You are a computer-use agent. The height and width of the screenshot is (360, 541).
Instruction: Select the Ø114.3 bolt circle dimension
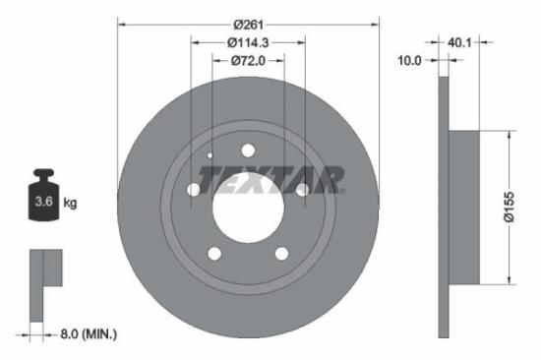click(x=248, y=43)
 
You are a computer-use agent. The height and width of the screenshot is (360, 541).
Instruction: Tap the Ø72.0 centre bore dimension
click(x=248, y=61)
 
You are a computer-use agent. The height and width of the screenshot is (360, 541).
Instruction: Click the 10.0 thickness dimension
click(x=410, y=60)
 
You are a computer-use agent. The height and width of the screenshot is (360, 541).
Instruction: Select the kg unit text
click(x=70, y=203)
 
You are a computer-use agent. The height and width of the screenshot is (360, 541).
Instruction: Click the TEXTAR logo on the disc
click(x=271, y=180)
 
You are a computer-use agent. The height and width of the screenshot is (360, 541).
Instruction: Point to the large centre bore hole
click(x=248, y=208)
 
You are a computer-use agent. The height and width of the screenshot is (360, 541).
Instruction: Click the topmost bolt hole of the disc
click(x=248, y=150)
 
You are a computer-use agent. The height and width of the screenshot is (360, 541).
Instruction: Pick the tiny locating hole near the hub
click(x=210, y=154)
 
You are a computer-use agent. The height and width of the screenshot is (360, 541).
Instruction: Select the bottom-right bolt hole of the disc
click(x=281, y=254)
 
